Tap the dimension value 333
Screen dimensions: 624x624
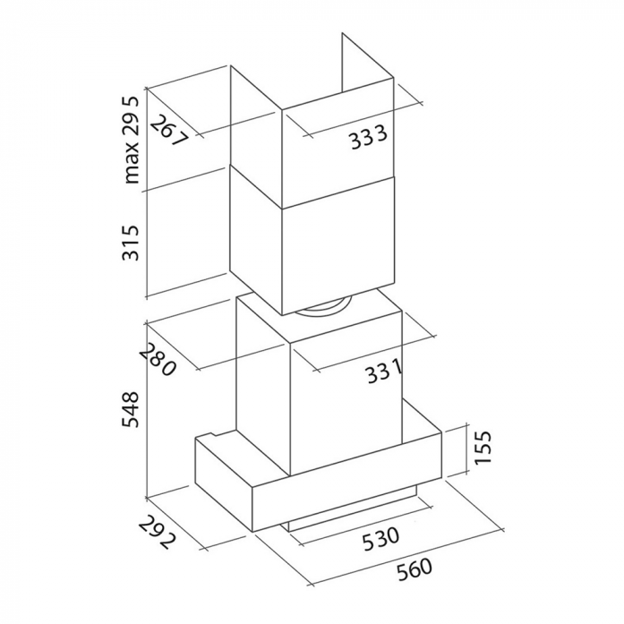(368, 137)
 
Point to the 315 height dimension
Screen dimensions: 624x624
(131, 243)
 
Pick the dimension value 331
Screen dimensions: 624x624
(384, 372)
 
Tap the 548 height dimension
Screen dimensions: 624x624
(131, 409)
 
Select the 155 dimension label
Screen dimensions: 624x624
(483, 447)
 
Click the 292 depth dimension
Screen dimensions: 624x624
(158, 533)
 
